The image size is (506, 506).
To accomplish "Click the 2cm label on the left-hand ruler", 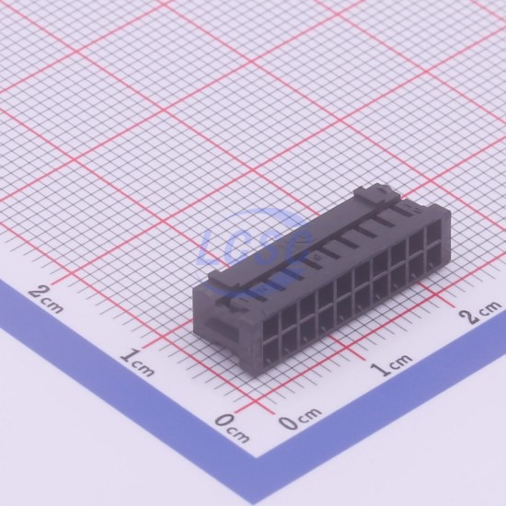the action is click(x=45, y=299).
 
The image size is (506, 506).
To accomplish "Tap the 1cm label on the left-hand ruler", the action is click(x=138, y=362).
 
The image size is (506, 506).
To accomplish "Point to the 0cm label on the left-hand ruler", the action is click(x=233, y=428).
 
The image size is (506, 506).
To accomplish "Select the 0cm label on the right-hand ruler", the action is click(x=300, y=419).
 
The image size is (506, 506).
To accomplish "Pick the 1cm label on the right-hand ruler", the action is click(x=391, y=364).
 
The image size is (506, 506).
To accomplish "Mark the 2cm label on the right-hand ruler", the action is click(x=480, y=311).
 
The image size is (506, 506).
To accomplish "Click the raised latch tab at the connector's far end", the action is click(x=377, y=195).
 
